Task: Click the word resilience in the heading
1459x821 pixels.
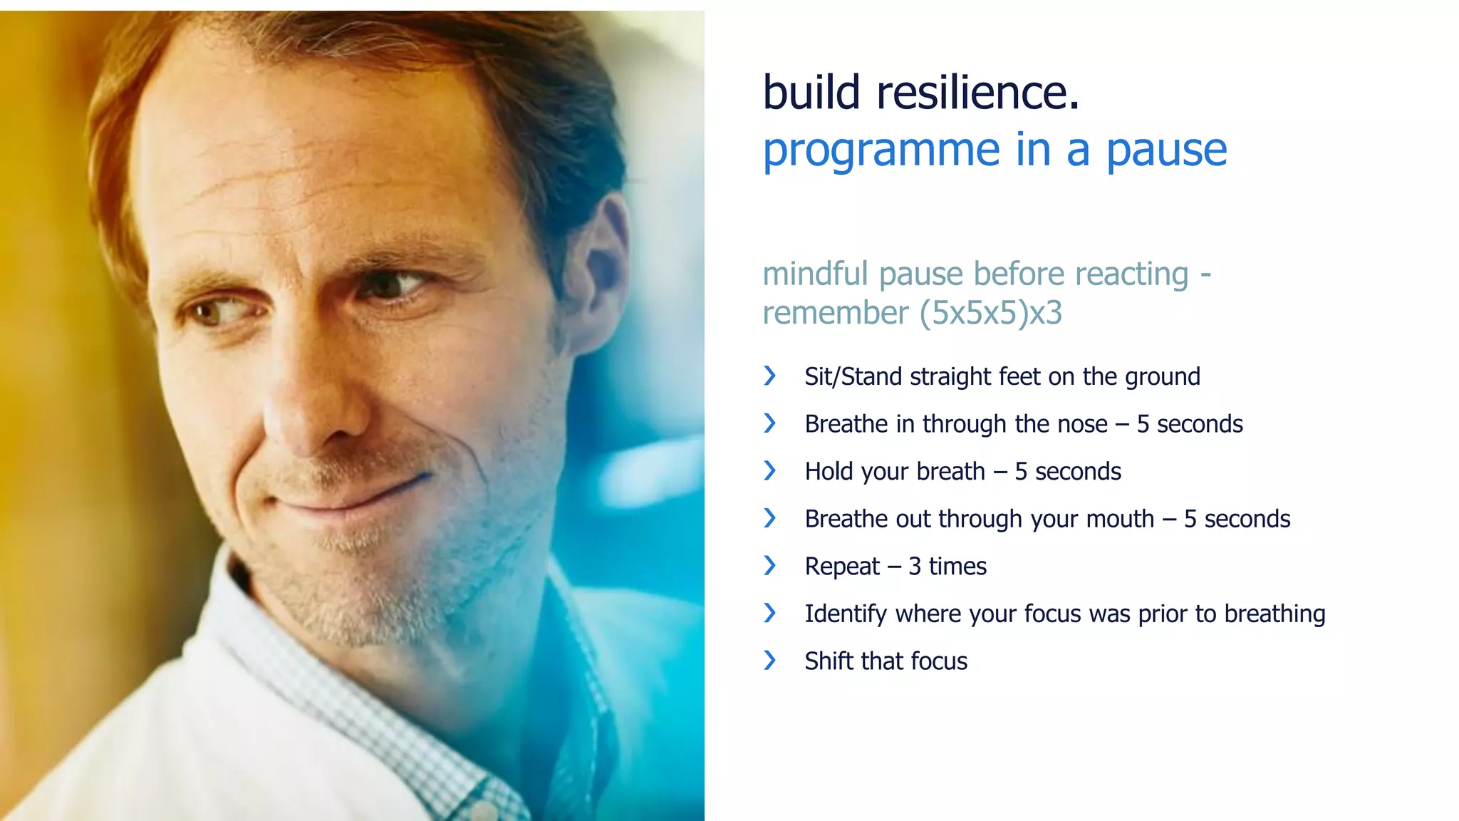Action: pos(977,93)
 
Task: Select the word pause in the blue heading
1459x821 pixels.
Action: pos(1166,151)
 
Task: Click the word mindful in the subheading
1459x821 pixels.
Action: pos(815,274)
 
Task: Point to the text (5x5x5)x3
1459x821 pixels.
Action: pos(990,313)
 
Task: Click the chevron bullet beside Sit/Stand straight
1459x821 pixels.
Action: pos(769,376)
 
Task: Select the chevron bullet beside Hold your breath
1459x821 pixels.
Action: pos(769,470)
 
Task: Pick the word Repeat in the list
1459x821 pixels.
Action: pos(842,567)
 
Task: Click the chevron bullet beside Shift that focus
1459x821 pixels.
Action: pos(769,661)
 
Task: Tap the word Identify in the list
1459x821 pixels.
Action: pos(846,614)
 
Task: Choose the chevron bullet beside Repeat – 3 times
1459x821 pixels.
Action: pos(769,566)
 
